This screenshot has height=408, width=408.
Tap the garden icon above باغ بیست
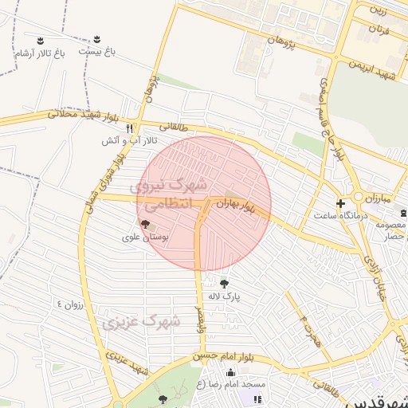click(x=97, y=38)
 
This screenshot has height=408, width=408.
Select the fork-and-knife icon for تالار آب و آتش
click(x=129, y=127)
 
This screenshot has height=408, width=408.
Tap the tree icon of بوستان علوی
click(x=143, y=225)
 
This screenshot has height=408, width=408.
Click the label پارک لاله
click(x=224, y=296)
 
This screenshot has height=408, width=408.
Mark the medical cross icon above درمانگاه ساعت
click(x=341, y=203)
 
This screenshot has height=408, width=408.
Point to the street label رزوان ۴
click(x=69, y=304)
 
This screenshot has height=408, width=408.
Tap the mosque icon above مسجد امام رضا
click(x=231, y=372)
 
